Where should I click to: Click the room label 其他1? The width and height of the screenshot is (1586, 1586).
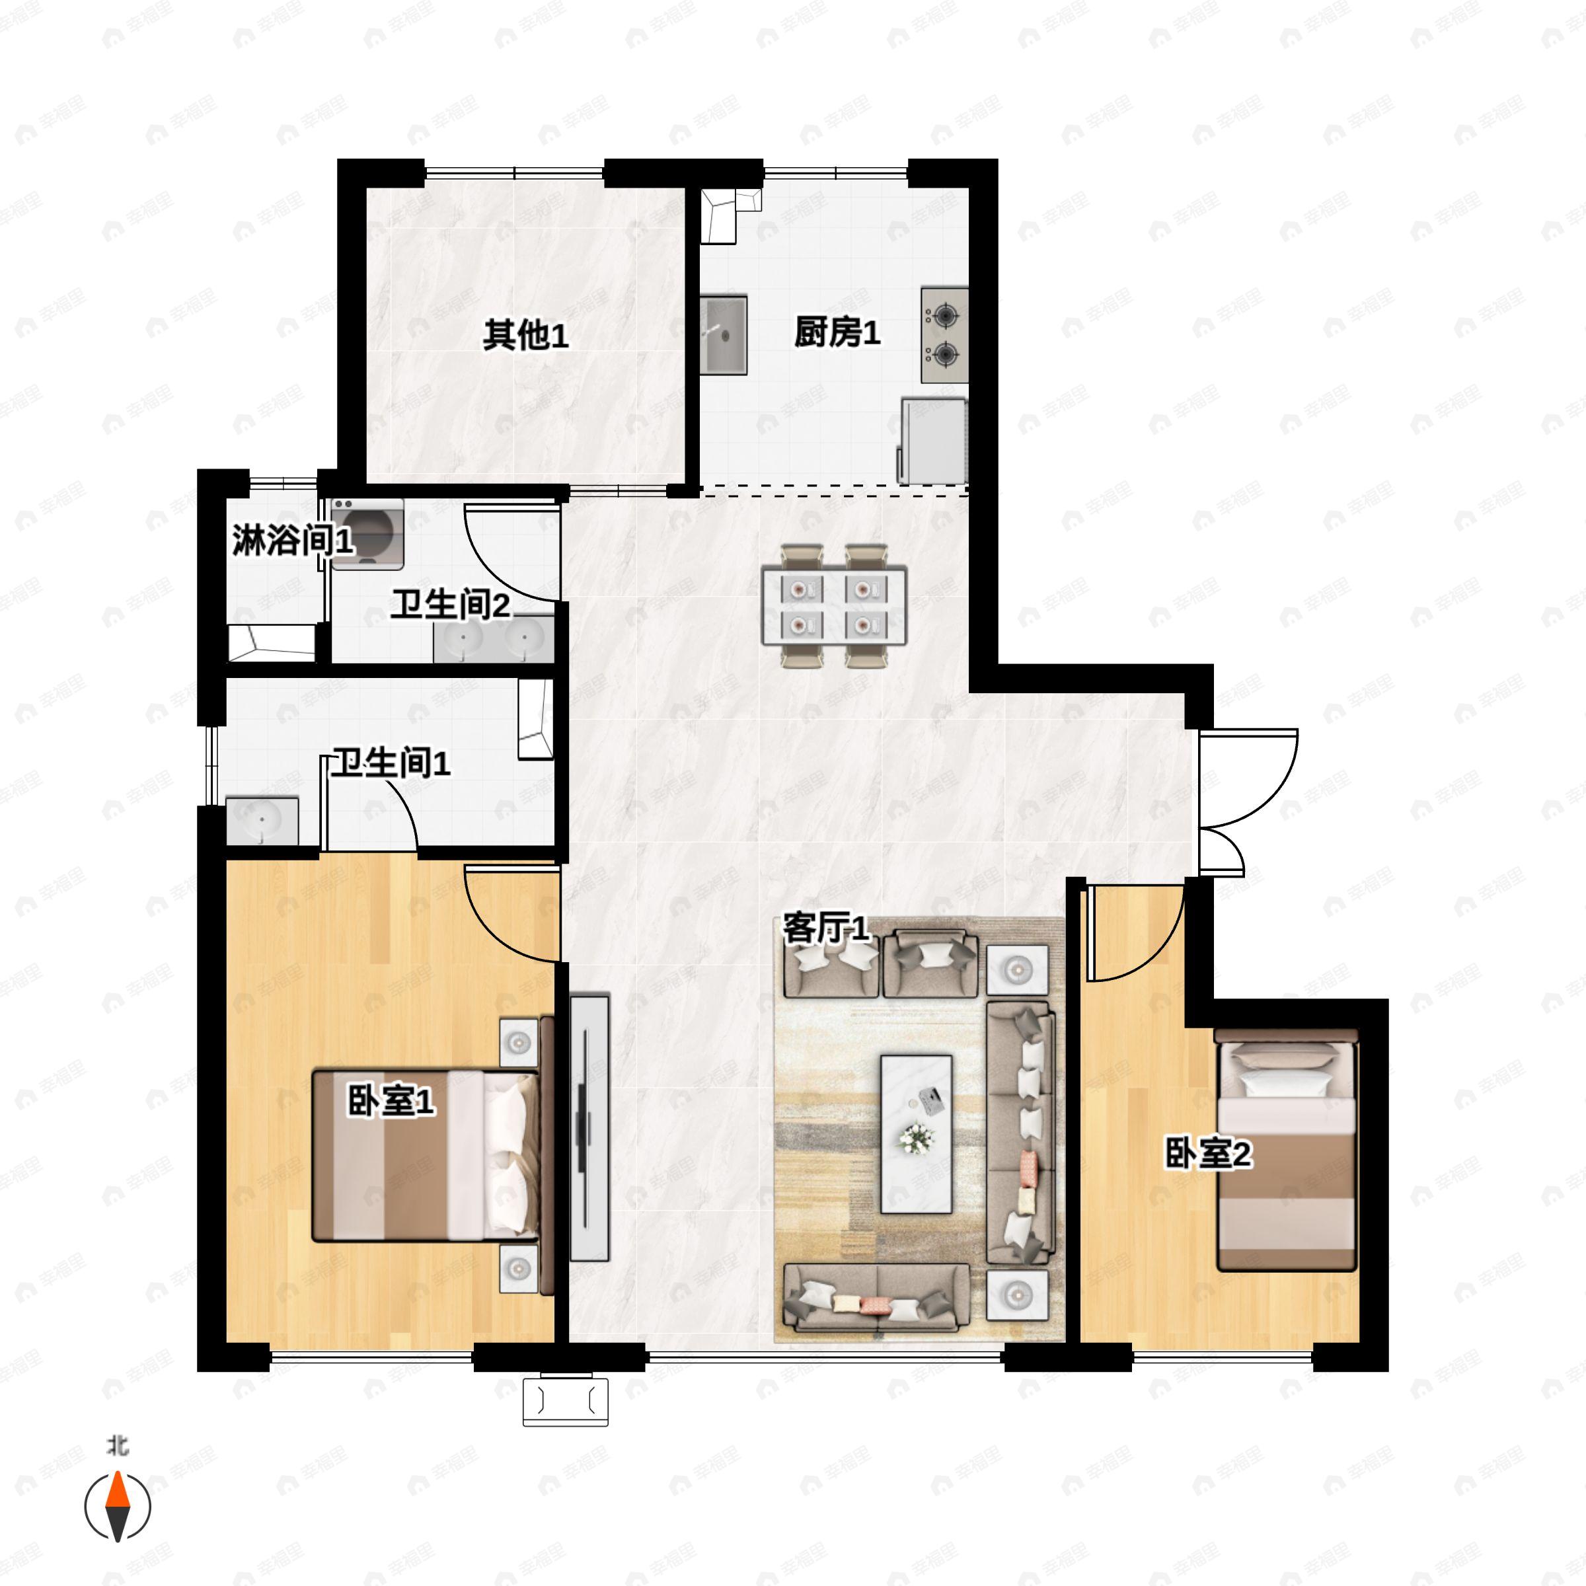tap(525, 335)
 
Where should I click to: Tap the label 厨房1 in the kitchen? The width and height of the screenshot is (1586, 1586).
tap(837, 332)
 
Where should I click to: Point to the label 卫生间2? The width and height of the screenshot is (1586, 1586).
tap(450, 605)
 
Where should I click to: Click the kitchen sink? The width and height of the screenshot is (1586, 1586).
tap(723, 335)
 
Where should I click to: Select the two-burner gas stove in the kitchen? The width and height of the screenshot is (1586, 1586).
tap(944, 335)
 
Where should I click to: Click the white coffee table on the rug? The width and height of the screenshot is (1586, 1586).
tap(916, 1134)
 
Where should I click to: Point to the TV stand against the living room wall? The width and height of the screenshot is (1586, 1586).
tap(589, 1128)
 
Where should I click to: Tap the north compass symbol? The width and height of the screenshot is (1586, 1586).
tap(118, 1505)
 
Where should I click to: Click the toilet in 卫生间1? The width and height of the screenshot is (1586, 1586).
tap(536, 719)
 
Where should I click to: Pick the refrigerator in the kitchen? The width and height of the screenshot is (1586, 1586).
tap(932, 440)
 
